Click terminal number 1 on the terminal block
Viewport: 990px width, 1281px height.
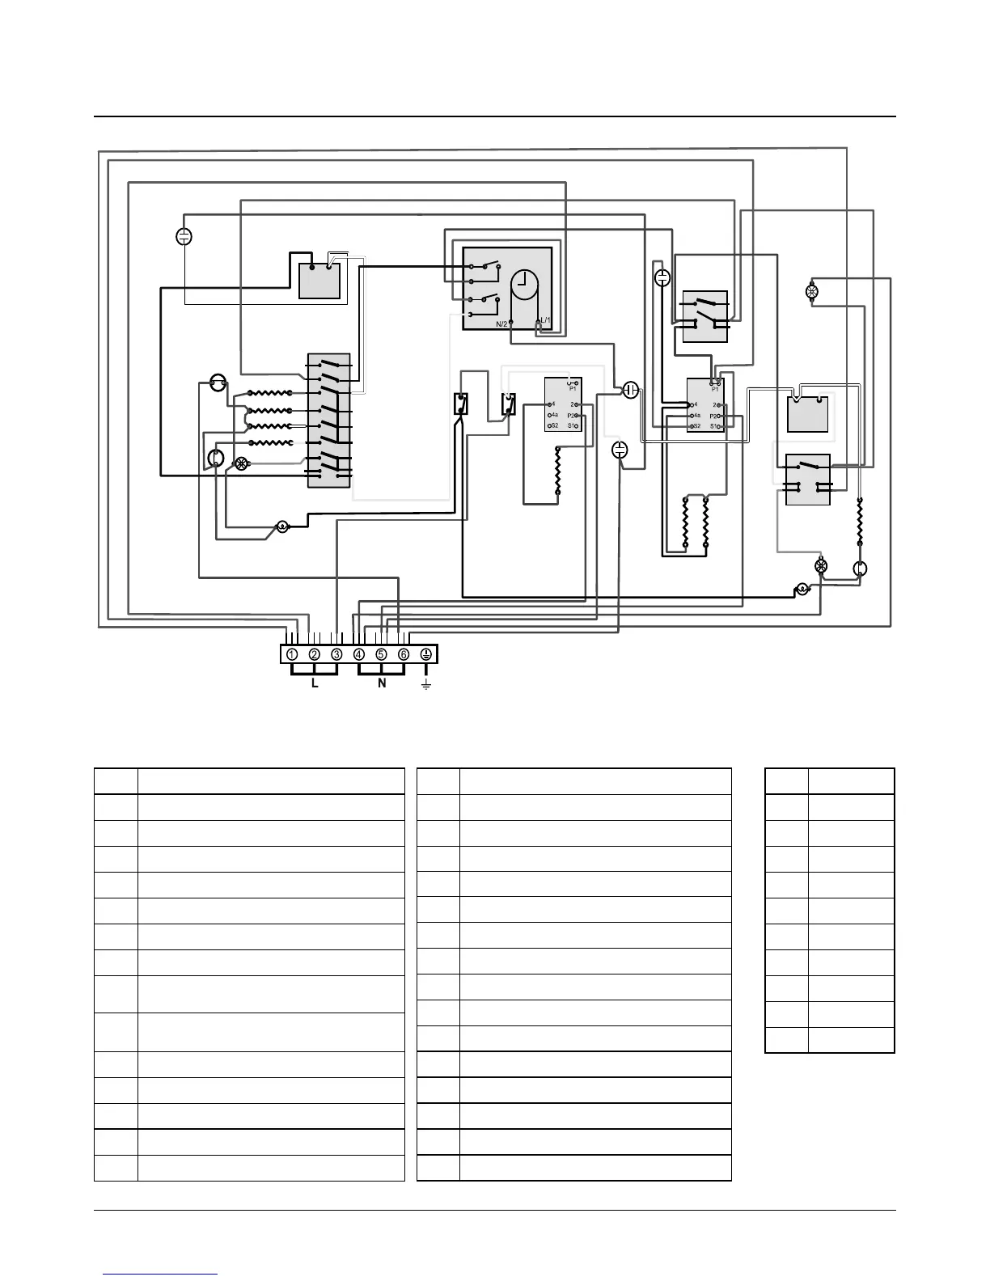[x=291, y=654]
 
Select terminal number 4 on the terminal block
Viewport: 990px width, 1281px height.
[x=359, y=654]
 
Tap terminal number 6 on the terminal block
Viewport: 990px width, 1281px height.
[x=404, y=654]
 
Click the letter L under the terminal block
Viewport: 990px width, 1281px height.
[x=315, y=684]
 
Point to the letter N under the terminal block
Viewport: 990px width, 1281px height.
[x=382, y=684]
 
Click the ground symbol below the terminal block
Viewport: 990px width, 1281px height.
[x=426, y=685]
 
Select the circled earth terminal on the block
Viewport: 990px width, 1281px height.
[x=426, y=654]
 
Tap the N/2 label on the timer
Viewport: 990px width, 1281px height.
[x=502, y=324]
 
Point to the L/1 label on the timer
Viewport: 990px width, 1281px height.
[x=545, y=321]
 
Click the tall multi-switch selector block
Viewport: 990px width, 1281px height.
[x=329, y=421]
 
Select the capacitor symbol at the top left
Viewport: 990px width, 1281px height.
[x=184, y=236]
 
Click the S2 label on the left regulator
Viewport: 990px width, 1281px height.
[x=553, y=425]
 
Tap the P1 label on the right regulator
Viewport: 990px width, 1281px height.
[x=715, y=389]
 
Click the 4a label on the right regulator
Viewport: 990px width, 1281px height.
[x=696, y=415]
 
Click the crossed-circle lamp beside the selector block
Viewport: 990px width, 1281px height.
[x=240, y=463]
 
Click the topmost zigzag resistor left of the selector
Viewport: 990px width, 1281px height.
[x=269, y=393]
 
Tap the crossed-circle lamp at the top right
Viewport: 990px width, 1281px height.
[x=813, y=291]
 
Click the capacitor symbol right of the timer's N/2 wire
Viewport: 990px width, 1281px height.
[x=632, y=391]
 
